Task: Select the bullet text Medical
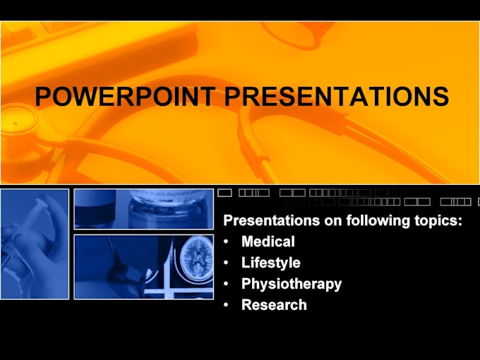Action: [x=268, y=241]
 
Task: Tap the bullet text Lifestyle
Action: [x=270, y=263]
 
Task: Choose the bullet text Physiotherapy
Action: [x=291, y=284]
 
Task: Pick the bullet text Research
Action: [x=274, y=305]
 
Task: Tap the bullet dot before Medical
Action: [x=226, y=242]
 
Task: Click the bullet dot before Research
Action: [x=226, y=306]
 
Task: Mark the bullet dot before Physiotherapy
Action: [x=226, y=284]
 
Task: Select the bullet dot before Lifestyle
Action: [x=226, y=263]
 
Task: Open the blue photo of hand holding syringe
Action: [x=35, y=244]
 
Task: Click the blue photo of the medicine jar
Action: [x=143, y=209]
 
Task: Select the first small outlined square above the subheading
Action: [x=225, y=192]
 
